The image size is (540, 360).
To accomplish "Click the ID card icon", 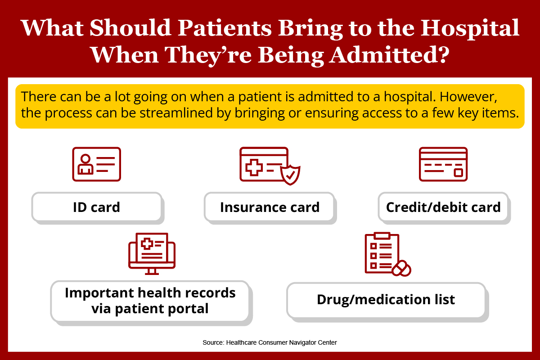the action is pos(96,164).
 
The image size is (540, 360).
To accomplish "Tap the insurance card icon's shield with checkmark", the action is pos(290,175).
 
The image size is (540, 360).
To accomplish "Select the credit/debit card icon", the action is pos(443,164).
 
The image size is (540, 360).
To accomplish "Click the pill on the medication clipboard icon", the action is pos(401,268).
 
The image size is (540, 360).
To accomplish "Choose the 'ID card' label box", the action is pos(96,207).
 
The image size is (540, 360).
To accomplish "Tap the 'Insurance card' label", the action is pos(270,207).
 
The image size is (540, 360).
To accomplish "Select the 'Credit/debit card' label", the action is pos(443,207).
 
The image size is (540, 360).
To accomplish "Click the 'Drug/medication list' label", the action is pos(386,300).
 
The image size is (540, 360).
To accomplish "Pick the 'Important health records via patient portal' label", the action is pos(150,301).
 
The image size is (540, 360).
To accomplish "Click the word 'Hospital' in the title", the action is pos(470,29).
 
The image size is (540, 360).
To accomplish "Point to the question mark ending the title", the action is pos(443,55).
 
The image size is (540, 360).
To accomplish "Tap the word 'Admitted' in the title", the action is pos(381,55).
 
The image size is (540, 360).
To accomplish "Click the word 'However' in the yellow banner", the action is pos(468,97).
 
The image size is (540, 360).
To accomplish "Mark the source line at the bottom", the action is pos(270,342).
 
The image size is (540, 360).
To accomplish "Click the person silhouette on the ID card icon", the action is pos(85,164).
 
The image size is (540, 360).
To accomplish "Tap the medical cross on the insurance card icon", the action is pos(254,167).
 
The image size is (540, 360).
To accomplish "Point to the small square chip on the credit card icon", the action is pos(458,173).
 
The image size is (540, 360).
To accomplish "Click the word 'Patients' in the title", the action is pos(225,28).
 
